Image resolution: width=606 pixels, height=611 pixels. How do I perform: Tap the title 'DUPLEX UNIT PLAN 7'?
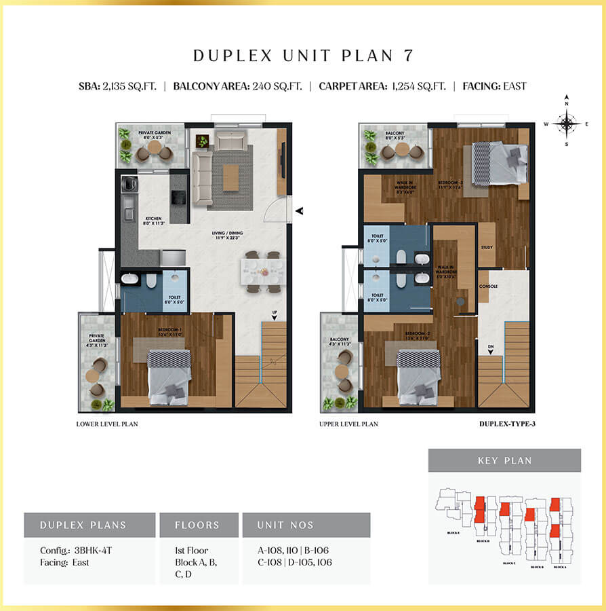[x=302, y=56]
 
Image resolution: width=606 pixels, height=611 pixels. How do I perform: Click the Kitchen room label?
[x=152, y=220]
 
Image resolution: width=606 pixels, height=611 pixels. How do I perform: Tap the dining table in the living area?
[x=262, y=272]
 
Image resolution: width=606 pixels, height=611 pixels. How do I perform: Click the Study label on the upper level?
[x=487, y=247]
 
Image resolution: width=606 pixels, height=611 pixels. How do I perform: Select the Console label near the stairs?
[x=488, y=286]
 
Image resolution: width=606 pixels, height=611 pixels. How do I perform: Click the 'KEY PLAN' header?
[x=504, y=460]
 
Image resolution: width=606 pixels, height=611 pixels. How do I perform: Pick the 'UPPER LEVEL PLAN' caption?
[x=348, y=424]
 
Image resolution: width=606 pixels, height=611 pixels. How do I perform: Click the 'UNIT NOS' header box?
[x=306, y=525]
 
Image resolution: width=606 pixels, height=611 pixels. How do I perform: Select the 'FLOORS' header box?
[x=198, y=525]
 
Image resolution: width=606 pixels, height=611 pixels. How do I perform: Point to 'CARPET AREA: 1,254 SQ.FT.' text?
[x=382, y=86]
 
